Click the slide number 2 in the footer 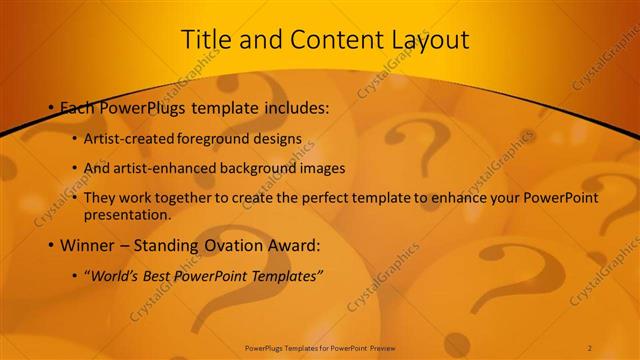click(x=590, y=348)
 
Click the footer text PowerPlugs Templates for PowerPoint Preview click(x=320, y=348)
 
